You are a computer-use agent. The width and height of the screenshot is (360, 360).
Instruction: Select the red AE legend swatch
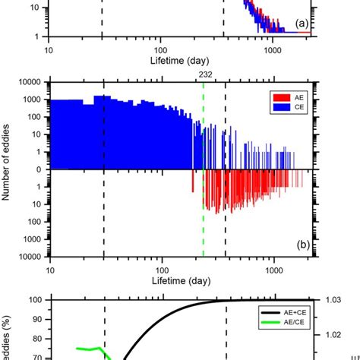tap(278, 97)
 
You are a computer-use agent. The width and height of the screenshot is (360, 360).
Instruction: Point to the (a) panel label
tap(302, 24)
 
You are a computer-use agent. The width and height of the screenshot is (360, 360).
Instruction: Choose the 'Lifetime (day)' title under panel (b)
tap(180, 281)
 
